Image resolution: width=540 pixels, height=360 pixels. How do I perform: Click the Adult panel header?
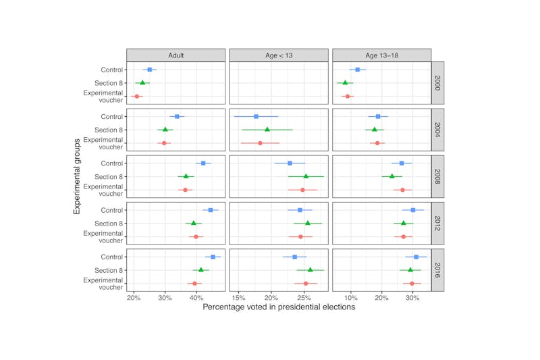click(x=176, y=55)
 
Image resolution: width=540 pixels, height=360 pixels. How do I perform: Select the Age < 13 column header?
click(x=279, y=55)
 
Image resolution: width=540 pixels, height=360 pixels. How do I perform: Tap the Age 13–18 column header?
click(x=381, y=55)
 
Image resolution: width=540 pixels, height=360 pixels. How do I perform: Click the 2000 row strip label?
click(x=437, y=83)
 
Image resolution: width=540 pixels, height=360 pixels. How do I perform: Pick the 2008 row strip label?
click(x=437, y=176)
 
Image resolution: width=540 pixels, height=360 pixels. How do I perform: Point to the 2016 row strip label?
click(x=437, y=270)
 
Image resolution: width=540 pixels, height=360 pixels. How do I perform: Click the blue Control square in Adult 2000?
click(x=150, y=70)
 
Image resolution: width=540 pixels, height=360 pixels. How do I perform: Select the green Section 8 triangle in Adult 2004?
click(x=165, y=129)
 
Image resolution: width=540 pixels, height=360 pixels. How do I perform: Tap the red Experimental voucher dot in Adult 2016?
click(x=194, y=284)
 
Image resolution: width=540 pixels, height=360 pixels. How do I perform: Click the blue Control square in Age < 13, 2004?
click(x=256, y=116)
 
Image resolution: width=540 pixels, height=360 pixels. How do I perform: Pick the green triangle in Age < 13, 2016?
click(x=310, y=269)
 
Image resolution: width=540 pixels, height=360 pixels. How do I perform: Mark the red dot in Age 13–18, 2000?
click(x=348, y=97)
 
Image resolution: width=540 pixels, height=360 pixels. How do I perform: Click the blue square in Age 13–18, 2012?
click(x=413, y=210)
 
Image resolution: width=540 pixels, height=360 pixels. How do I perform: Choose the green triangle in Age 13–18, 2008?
click(x=392, y=176)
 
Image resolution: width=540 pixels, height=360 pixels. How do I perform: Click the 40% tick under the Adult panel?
click(x=196, y=297)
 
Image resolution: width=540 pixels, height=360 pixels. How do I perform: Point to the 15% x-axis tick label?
click(x=239, y=297)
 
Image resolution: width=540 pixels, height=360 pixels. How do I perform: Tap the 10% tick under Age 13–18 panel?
click(x=351, y=297)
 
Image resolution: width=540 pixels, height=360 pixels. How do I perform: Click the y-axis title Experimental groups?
click(x=79, y=176)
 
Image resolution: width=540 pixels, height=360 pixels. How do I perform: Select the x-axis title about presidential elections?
click(x=279, y=307)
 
